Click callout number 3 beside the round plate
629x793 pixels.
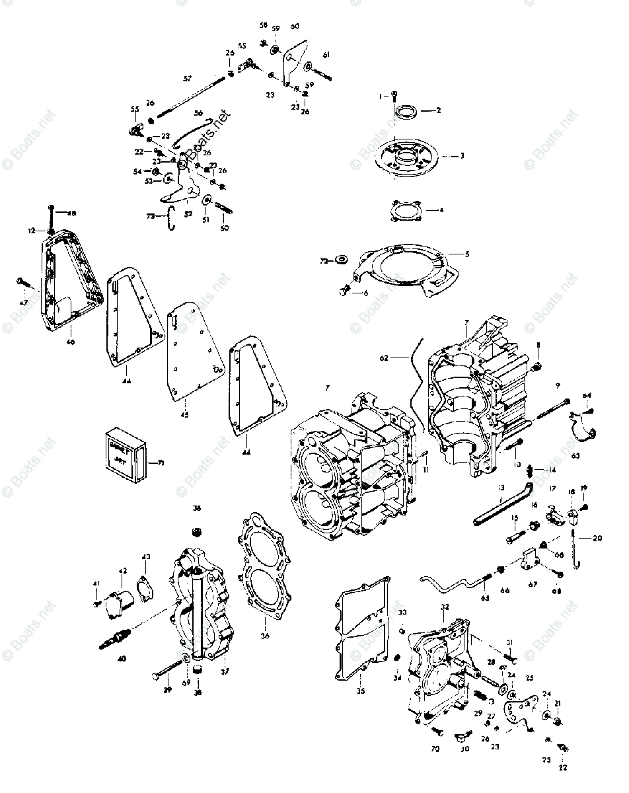pos(462,156)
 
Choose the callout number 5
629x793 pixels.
pos(467,253)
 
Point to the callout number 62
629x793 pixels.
pos(384,357)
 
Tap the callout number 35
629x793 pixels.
pos(360,691)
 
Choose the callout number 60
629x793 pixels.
pos(295,26)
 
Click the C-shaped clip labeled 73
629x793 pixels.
pos(170,218)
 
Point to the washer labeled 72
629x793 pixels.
pos(342,260)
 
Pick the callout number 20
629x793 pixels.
pos(597,538)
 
